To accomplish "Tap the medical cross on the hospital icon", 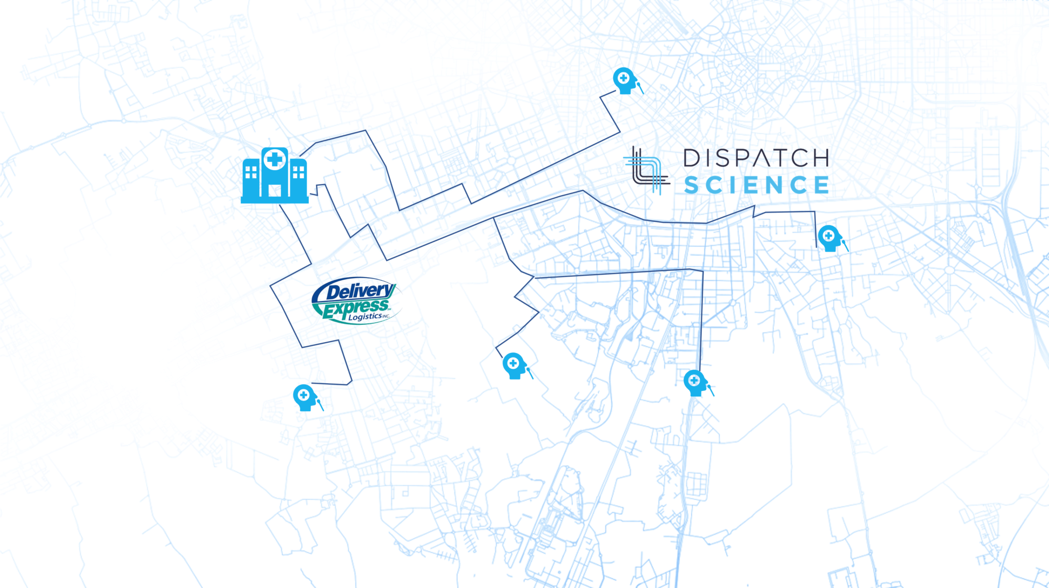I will pyautogui.click(x=275, y=159).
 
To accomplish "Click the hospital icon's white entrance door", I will pyautogui.click(x=275, y=191).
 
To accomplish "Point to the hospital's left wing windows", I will pyautogui.click(x=251, y=172).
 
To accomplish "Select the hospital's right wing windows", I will pyautogui.click(x=299, y=172).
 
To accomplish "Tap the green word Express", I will pyautogui.click(x=355, y=308).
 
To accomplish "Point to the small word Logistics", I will pyautogui.click(x=365, y=317).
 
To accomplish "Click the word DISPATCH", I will pyautogui.click(x=756, y=158).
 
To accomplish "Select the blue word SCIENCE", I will pyautogui.click(x=757, y=185).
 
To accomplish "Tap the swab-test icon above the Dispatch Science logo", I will pyautogui.click(x=626, y=81).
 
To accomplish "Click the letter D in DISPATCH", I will pyautogui.click(x=691, y=158).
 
